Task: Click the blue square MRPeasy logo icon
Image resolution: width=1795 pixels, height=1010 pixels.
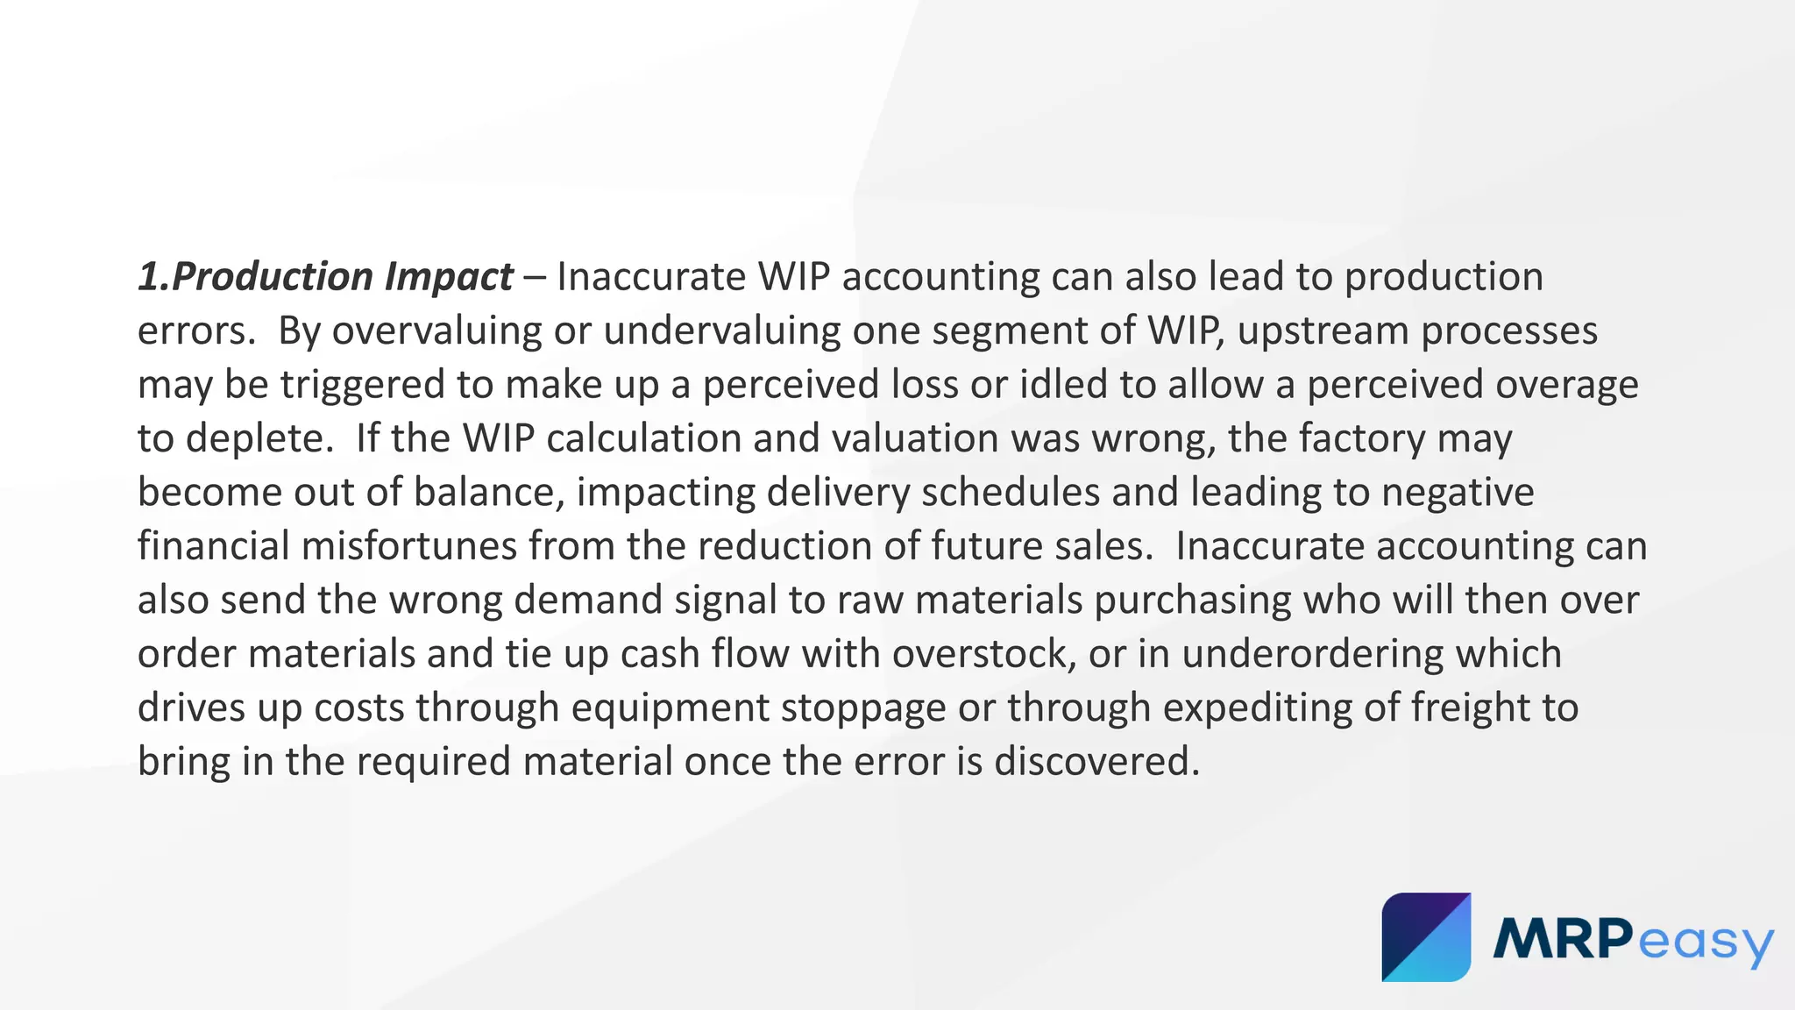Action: pyautogui.click(x=1426, y=937)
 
